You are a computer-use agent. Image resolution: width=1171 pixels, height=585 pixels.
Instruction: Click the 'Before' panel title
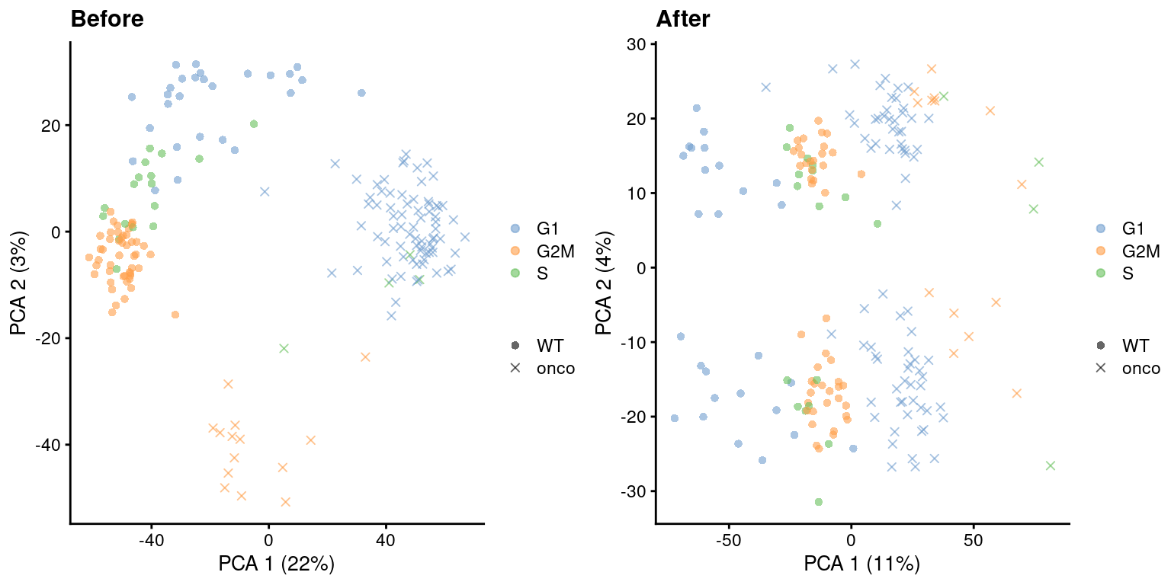point(107,19)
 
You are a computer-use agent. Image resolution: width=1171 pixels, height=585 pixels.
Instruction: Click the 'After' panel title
point(682,19)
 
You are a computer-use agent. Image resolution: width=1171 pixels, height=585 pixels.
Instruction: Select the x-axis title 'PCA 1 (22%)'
point(276,564)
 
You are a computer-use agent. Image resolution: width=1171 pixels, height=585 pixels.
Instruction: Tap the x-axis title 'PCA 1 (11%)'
point(861,564)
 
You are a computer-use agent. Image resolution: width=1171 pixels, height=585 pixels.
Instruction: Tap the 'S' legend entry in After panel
point(1128,273)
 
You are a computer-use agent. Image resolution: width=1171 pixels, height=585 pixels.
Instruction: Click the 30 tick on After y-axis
point(635,45)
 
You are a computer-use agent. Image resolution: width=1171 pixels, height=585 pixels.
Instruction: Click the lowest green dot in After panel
point(818,502)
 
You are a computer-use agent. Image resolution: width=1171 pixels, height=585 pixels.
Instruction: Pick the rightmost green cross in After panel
point(1050,465)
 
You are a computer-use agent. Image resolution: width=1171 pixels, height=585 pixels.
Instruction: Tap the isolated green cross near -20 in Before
point(284,348)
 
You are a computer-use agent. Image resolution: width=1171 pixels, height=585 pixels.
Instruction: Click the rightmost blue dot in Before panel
point(361,93)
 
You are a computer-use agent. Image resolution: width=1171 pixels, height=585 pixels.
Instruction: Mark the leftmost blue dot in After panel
point(674,418)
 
